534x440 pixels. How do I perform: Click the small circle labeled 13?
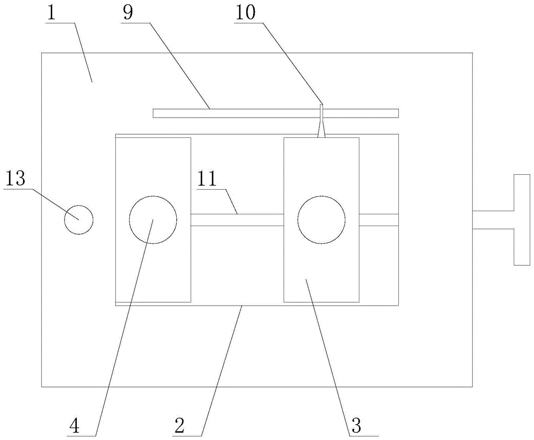[x=78, y=219]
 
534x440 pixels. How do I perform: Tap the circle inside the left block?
[x=153, y=220]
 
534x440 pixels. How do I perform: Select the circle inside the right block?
[x=321, y=220]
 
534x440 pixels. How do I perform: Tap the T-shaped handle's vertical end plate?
[x=521, y=220]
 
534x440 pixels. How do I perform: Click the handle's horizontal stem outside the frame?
[x=493, y=220]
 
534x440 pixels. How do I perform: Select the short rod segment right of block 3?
[x=379, y=220]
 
